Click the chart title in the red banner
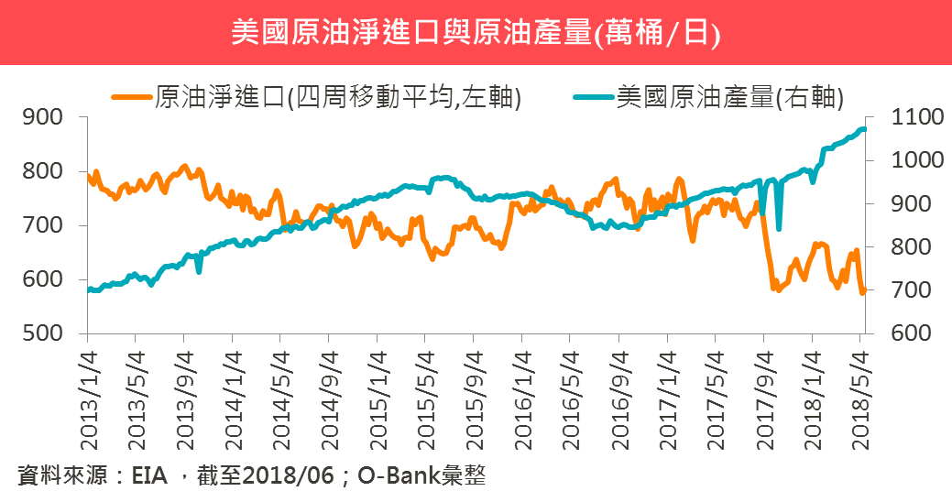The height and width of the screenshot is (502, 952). tap(476, 33)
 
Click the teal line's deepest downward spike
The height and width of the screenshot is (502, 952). tap(778, 229)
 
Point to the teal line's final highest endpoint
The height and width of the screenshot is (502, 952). tap(863, 128)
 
